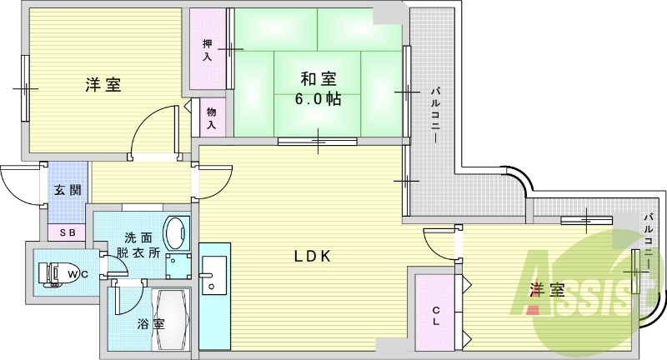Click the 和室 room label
click(318, 79)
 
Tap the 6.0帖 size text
click(318, 99)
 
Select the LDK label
click(313, 256)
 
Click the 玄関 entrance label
click(68, 189)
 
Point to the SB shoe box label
click(68, 232)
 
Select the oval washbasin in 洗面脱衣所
click(177, 233)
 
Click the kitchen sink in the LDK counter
click(214, 275)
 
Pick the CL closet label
click(435, 316)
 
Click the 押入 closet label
click(207, 50)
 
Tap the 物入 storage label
click(212, 118)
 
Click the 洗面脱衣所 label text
click(142, 245)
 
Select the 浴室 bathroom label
click(151, 324)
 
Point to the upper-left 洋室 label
click(103, 85)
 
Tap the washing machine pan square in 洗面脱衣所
click(178, 266)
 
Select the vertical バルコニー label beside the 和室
click(435, 116)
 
